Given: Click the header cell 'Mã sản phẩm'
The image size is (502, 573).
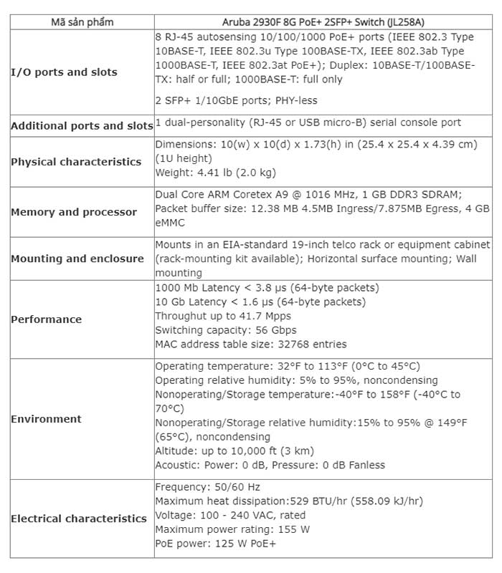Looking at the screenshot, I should (x=82, y=21).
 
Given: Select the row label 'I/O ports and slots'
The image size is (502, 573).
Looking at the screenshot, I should (x=64, y=72).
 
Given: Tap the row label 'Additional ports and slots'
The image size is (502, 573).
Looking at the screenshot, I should (x=82, y=125).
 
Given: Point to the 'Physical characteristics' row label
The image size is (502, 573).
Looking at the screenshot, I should (x=76, y=162).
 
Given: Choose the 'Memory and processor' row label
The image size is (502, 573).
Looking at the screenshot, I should (x=74, y=212).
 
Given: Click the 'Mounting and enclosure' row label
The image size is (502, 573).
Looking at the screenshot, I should (x=77, y=259).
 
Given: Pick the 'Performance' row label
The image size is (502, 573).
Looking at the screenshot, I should (x=46, y=319).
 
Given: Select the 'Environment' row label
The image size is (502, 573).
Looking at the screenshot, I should (x=46, y=419).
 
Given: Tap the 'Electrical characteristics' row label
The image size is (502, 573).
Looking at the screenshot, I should (x=79, y=519).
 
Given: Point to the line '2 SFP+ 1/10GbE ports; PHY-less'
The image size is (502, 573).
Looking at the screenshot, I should (x=236, y=100).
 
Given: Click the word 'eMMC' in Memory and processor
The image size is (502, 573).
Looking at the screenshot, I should (x=169, y=223).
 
